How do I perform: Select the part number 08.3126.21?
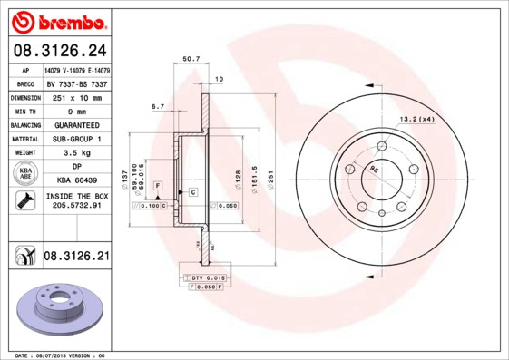pos(75,258)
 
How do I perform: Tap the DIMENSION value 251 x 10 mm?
pos(77,96)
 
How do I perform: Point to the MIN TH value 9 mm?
pos(77,110)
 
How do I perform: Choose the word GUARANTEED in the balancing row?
pos(77,124)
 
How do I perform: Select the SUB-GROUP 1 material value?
pos(77,139)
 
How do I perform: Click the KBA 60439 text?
pos(77,180)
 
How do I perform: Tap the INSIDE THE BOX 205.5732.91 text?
pos(77,201)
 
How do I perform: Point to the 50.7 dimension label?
pos(191,59)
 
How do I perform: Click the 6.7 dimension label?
pos(157,106)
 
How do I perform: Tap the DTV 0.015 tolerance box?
pos(208,277)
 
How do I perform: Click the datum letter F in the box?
pos(158,185)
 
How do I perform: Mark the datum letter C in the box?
pos(192,192)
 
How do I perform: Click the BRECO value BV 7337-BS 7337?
pos(77,83)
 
